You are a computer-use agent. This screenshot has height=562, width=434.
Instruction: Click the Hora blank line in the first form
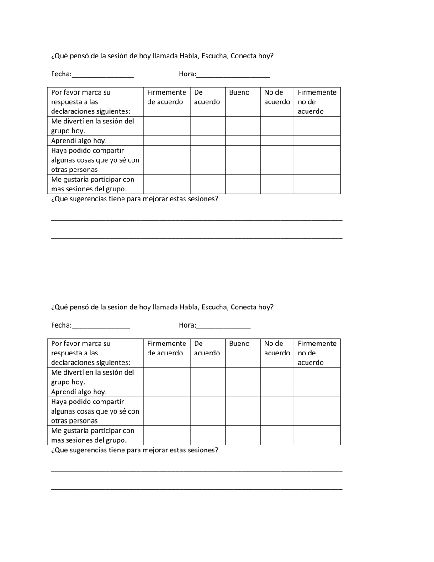click(x=233, y=75)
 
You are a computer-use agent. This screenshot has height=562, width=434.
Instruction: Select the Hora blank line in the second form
click(x=223, y=326)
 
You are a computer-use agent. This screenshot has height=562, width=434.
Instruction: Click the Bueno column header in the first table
click(x=239, y=92)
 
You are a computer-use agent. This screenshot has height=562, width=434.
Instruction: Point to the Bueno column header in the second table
click(x=239, y=344)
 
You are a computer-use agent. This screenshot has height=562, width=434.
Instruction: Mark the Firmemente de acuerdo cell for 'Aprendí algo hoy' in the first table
click(x=167, y=141)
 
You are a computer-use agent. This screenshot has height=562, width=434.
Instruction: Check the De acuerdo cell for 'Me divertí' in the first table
click(x=207, y=126)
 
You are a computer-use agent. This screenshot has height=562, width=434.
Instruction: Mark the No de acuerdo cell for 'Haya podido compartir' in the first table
click(x=277, y=160)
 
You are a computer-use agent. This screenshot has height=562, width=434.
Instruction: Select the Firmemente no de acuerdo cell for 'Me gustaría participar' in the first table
click(x=317, y=184)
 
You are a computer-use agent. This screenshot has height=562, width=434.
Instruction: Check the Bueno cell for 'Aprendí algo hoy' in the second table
click(x=243, y=392)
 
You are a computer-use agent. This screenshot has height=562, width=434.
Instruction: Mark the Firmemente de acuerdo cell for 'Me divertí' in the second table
click(x=167, y=377)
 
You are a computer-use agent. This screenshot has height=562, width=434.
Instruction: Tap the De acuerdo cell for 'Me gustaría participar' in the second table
click(x=207, y=435)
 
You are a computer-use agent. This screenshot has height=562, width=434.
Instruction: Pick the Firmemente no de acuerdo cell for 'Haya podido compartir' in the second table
click(x=317, y=411)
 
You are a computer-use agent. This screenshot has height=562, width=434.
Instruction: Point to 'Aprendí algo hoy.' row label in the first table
click(x=79, y=141)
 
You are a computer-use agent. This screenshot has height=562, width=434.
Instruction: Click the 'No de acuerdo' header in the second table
click(x=277, y=348)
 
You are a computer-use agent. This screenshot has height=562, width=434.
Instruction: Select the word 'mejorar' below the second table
click(x=156, y=451)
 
